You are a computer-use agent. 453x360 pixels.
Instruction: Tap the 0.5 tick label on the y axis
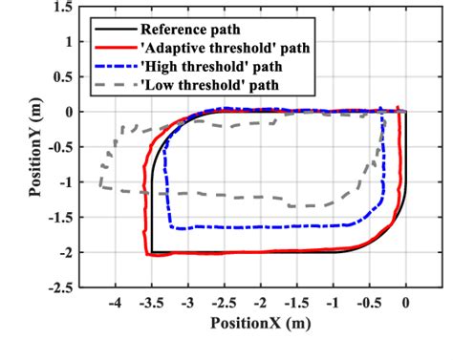pyautogui.click(x=63, y=77)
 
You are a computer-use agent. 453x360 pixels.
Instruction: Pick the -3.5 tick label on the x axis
pyautogui.click(x=150, y=303)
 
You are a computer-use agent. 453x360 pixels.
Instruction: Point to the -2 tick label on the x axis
pyautogui.click(x=259, y=303)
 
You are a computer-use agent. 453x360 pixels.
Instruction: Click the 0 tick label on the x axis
pyautogui.click(x=406, y=303)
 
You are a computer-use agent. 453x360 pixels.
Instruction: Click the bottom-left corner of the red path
pyautogui.click(x=149, y=254)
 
